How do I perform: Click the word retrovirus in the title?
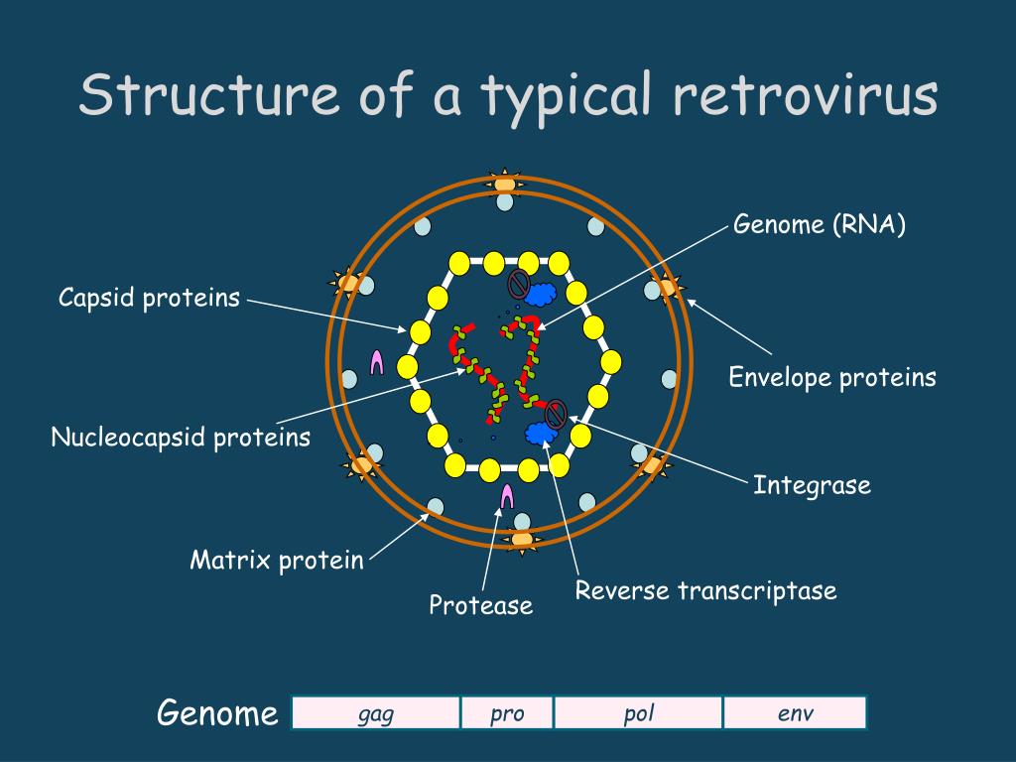805,96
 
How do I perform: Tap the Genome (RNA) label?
820,224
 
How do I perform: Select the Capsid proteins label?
149,297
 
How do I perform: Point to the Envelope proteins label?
832,377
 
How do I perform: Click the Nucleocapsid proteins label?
181,437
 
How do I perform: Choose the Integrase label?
812,485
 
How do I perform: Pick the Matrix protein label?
277,560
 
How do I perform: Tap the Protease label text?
480,604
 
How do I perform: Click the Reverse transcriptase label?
705,591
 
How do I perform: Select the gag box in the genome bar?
376,713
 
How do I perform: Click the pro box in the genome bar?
506,713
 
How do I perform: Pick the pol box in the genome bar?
638,713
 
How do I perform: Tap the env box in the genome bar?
795,713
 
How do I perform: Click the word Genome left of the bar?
217,713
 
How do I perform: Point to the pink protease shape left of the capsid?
376,362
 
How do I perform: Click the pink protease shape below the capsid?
507,495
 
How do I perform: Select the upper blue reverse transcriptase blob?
541,294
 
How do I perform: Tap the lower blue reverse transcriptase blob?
539,433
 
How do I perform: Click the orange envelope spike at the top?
505,184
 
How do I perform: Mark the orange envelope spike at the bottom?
522,540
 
